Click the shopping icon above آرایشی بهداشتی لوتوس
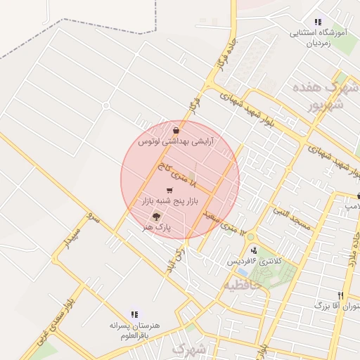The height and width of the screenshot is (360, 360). click(175, 131)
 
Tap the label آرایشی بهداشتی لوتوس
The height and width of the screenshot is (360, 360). click(176, 141)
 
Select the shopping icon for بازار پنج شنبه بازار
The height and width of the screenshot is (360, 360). click(169, 190)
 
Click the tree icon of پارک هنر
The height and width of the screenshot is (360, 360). click(156, 217)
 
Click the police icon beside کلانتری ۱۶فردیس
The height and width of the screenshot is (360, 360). click(253, 250)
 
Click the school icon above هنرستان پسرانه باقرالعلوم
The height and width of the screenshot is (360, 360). click(134, 314)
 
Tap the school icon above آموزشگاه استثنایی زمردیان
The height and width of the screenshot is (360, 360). click(318, 22)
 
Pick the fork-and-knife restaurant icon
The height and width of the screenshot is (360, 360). click(341, 295)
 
